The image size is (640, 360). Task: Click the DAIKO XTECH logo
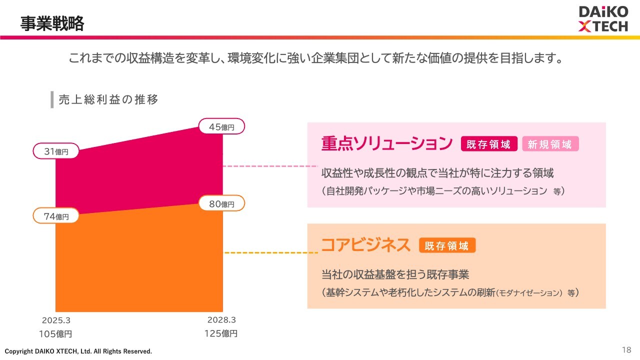[x=602, y=19]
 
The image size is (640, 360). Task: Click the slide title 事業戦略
[x=52, y=23]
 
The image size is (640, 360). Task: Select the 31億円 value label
[x=56, y=151]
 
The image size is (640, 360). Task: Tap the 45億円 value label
[x=221, y=127]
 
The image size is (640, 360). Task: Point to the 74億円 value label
[x=56, y=216]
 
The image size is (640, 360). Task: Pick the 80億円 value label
[x=221, y=204]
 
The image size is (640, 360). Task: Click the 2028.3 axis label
[x=221, y=320]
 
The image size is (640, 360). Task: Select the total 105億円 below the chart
[x=55, y=333]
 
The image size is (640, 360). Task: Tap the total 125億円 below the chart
[x=221, y=333]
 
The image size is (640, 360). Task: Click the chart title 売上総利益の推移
[x=108, y=99]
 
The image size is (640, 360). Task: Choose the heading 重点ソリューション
[x=386, y=144]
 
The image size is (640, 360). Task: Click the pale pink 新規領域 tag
[x=550, y=144]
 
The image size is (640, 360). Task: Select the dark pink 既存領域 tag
[x=488, y=144]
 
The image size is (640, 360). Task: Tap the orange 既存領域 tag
[x=447, y=245]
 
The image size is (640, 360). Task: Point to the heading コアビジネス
[x=365, y=245]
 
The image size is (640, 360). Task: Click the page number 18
[x=626, y=349]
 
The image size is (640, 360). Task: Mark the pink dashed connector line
[x=270, y=166]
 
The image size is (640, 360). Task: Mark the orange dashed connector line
[x=271, y=253]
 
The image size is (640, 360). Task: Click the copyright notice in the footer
[x=78, y=351]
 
